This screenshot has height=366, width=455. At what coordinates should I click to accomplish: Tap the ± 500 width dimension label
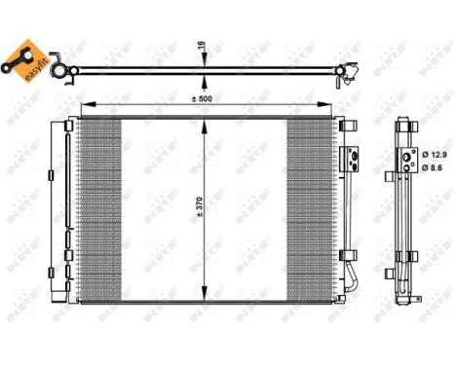click(x=203, y=96)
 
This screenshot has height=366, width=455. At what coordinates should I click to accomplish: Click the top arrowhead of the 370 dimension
click(x=204, y=120)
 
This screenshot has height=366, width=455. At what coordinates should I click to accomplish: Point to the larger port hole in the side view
click(x=402, y=154)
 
